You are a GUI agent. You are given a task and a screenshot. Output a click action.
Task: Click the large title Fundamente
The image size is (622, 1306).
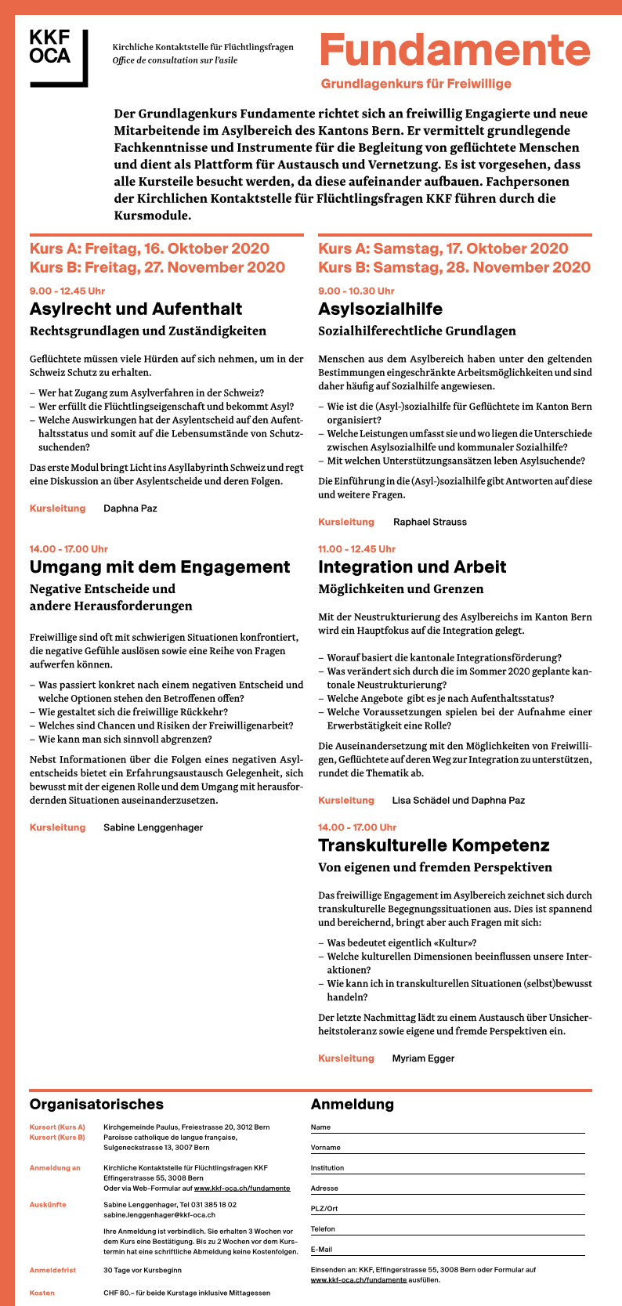454,52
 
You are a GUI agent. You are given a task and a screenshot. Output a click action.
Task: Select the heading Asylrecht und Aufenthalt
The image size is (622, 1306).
136,309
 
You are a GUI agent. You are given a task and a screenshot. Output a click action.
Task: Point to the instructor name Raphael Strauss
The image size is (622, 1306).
430,522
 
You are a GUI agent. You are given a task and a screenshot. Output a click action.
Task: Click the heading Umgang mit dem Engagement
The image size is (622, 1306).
160,567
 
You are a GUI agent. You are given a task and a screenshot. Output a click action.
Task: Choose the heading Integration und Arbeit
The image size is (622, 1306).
412,567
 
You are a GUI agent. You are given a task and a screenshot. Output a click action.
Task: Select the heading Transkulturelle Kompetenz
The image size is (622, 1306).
433,845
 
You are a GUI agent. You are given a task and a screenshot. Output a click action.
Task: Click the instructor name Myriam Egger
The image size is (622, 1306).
423,1058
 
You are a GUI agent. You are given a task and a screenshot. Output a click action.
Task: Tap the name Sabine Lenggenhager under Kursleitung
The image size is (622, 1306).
153,827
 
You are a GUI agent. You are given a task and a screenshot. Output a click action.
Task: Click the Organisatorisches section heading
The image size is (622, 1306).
96,1105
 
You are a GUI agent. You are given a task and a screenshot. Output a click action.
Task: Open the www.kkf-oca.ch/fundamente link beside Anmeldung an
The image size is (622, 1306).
242,1188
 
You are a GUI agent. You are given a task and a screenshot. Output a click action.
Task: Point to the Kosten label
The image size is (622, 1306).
42,1293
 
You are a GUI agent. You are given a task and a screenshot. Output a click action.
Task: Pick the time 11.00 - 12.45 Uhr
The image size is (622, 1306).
356,549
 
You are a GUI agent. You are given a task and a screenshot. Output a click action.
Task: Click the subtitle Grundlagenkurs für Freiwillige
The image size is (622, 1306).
416,84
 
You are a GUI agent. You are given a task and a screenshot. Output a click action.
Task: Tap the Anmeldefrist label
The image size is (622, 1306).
53,1270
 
